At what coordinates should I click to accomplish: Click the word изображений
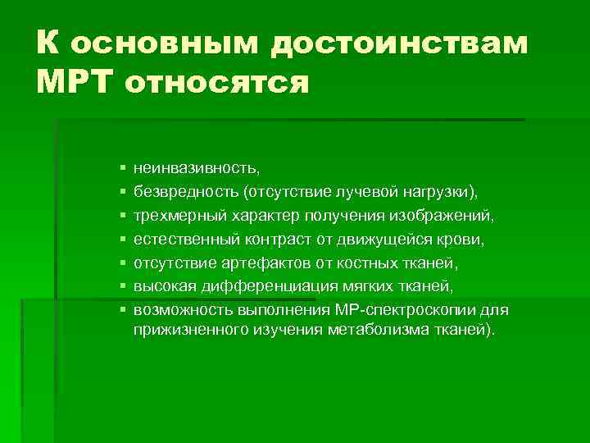tap(442, 215)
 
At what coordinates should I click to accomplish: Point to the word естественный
tap(186, 239)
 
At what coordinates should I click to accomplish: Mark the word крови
tap(464, 239)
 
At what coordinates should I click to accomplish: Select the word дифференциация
tap(253, 286)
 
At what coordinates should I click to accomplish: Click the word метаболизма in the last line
tap(388, 330)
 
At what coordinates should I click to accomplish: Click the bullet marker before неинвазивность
tap(122, 168)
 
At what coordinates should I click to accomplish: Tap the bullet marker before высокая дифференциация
tap(122, 287)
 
